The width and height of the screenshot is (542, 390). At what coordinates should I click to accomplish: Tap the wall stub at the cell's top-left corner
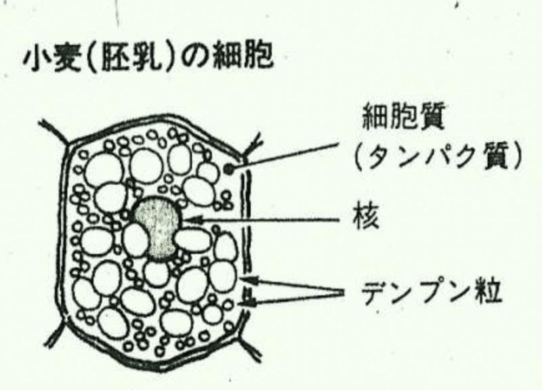[52, 129]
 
